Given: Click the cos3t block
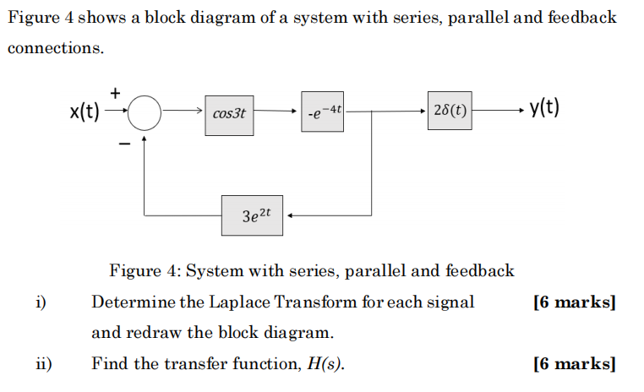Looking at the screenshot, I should tap(229, 112).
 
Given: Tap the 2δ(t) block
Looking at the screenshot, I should tap(450, 111).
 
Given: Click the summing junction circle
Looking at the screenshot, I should tap(145, 112).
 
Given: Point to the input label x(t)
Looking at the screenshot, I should tap(85, 111).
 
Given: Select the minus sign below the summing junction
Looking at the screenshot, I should tap(123, 144).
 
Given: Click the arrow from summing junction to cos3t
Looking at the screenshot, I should tap(182, 112).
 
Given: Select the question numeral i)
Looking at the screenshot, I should tap(40, 302).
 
